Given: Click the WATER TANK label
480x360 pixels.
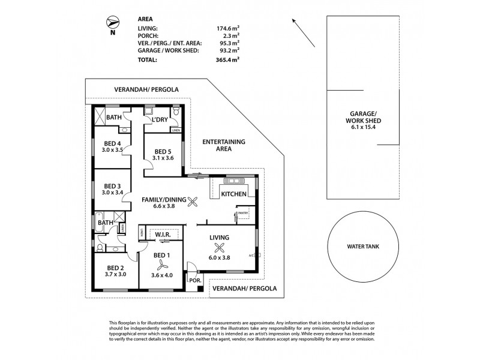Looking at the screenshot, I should pos(364,247).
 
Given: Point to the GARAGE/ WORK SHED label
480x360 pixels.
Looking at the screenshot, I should pos(364,116).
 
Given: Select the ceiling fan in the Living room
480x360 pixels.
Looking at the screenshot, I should pos(220,249).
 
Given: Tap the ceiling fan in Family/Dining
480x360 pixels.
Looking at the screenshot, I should pos(193,202).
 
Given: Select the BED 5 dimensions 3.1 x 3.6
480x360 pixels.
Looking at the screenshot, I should pos(163,158).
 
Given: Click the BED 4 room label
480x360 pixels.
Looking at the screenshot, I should pos(112,143).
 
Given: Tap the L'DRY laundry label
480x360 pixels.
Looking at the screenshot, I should pos(160,120).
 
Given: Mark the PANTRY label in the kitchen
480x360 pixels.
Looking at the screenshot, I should pos(243,212).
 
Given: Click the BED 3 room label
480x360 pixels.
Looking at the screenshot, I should pos(112,185).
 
